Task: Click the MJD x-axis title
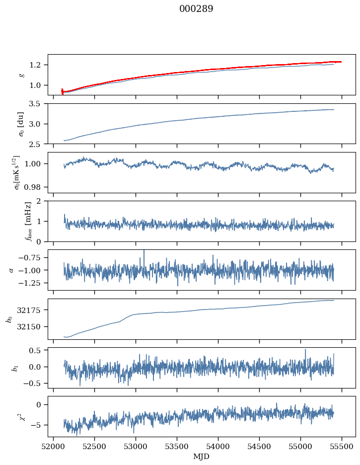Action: pos(202,457)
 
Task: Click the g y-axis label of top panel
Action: pos(21,75)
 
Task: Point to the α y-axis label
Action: pos(12,270)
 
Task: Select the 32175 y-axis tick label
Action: pos(33,310)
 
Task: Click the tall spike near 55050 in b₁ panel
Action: pos(305,350)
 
